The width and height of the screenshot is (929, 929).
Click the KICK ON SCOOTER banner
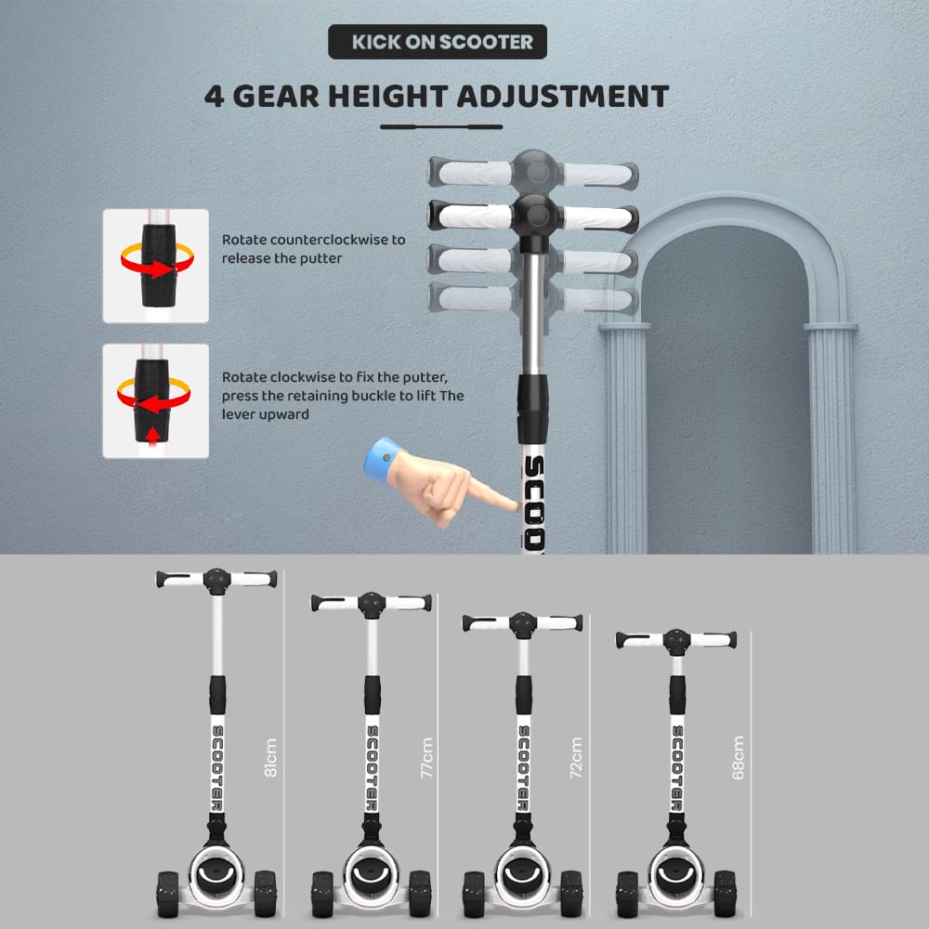438,42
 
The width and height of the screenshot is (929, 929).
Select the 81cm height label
270,758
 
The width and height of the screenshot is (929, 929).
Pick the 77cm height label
427,758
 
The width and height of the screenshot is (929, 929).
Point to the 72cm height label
576,758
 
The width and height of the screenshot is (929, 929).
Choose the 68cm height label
739,758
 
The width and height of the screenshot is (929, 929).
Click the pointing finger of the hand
495,495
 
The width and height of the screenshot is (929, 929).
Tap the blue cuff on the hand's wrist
382,459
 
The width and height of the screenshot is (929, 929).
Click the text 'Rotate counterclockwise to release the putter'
313,249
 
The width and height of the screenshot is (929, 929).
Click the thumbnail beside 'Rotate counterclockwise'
156,266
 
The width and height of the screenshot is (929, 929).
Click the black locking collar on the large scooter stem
532,409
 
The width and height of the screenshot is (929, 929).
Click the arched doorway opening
727,391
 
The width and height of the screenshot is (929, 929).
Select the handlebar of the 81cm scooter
216,579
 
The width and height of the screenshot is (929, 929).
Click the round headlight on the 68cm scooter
676,872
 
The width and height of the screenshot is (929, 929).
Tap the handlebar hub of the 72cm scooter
523,624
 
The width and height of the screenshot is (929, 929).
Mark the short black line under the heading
441,126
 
